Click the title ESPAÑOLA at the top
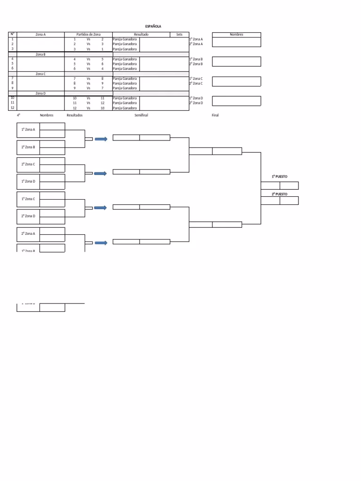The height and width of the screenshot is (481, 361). (153, 27)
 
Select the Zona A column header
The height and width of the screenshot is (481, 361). (41, 34)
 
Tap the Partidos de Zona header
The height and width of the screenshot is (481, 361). (88, 34)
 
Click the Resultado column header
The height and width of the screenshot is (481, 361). (141, 34)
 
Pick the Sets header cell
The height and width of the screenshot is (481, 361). (179, 34)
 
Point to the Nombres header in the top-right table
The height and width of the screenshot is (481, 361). (236, 34)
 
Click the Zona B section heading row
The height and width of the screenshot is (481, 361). (41, 54)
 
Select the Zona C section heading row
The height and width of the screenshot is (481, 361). (41, 74)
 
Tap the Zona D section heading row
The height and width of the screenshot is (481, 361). (41, 93)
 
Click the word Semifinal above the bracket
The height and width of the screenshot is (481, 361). (141, 115)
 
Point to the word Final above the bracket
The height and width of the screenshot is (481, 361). (215, 115)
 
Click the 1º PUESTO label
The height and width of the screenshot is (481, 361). (279, 177)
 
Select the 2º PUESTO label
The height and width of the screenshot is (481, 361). (279, 194)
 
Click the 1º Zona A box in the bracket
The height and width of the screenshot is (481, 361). (28, 129)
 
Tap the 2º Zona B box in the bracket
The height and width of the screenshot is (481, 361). (28, 147)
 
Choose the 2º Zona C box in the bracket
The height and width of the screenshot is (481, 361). (28, 164)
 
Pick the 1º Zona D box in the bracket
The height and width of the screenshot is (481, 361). (28, 181)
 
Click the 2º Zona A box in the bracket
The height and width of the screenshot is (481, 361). (28, 233)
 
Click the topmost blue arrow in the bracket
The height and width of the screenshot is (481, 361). (101, 139)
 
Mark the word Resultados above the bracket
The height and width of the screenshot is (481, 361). (75, 115)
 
